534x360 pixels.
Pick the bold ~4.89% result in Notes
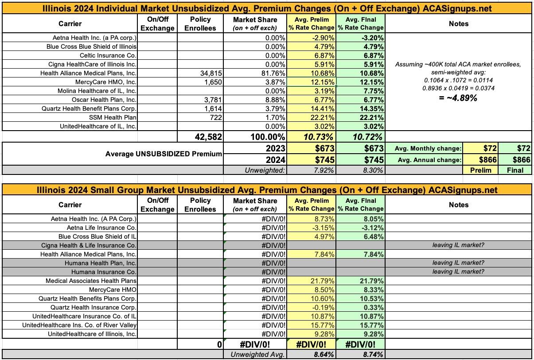[x=458, y=98]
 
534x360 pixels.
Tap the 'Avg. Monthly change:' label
[x=428, y=148]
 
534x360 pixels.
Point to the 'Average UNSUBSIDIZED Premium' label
[x=164, y=154]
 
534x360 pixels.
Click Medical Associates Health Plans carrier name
[x=91, y=281]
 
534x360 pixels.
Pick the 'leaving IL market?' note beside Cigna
[x=458, y=245]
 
